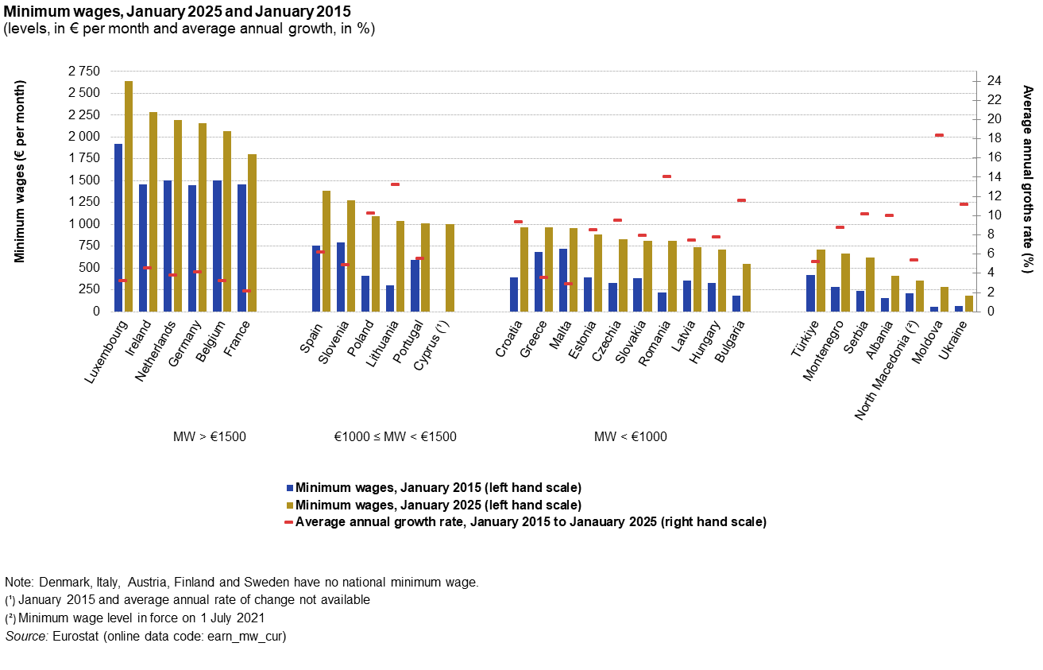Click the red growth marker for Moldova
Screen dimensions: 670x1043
pos(939,135)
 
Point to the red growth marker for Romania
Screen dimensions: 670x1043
pos(666,176)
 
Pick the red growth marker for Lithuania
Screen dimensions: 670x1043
pos(395,184)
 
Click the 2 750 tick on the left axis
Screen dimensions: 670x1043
pos(84,72)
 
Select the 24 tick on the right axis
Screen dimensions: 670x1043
pos(993,81)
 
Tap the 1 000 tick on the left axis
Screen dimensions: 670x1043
pos(84,224)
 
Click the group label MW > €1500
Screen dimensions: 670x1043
pos(210,436)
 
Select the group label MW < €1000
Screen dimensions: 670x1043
pos(631,436)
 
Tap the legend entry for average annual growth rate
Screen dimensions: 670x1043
pos(531,522)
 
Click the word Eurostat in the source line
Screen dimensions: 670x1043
pos(76,637)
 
